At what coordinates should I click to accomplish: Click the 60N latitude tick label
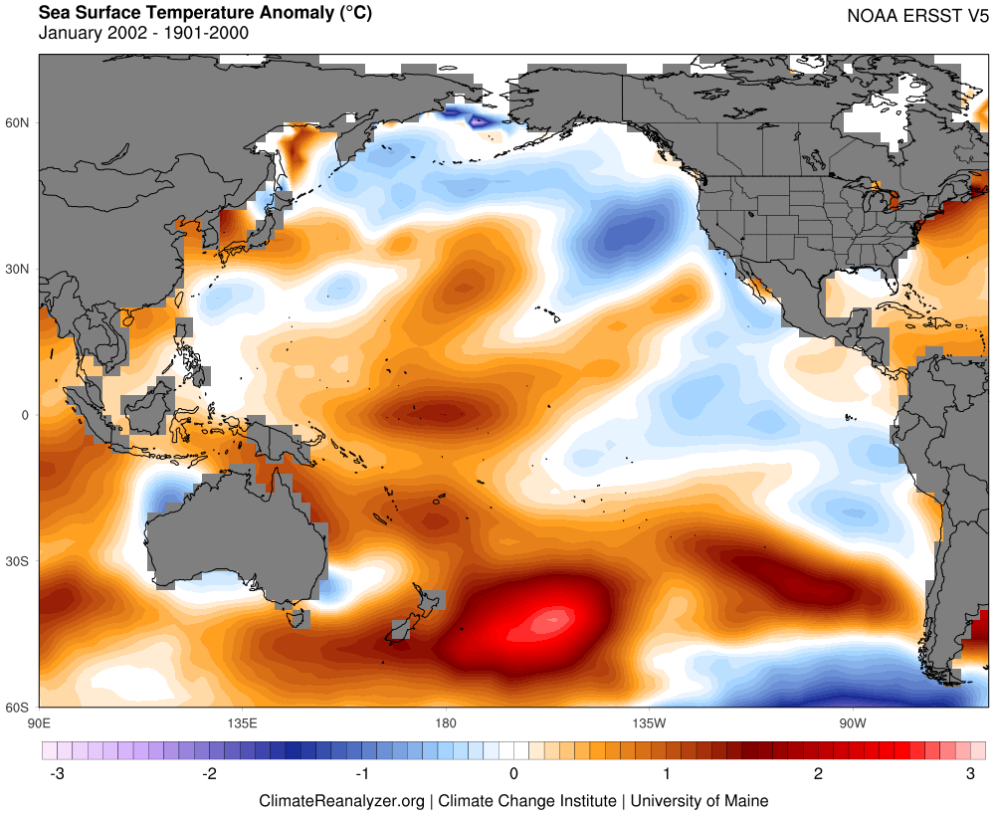click(19, 122)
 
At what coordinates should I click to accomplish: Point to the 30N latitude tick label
click(19, 269)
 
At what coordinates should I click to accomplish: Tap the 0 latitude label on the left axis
click(26, 415)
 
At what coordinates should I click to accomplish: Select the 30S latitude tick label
click(19, 561)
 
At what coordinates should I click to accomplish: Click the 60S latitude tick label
click(19, 708)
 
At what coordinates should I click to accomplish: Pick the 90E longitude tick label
click(39, 721)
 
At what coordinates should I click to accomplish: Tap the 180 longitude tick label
click(445, 721)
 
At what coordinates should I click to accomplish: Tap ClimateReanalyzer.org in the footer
click(341, 800)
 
